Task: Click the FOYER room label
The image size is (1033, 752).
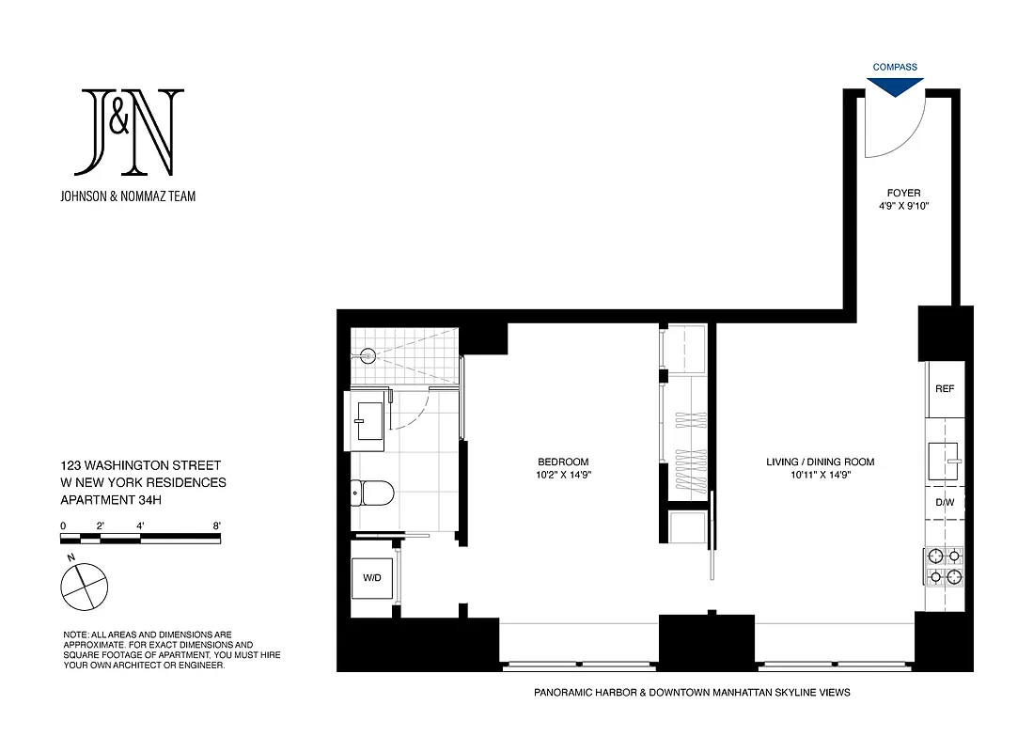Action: (x=903, y=193)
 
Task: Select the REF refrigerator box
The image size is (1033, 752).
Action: (x=944, y=389)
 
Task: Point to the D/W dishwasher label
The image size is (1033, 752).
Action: (x=944, y=502)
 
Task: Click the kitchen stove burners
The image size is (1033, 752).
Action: (x=944, y=566)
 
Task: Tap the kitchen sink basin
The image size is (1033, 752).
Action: (x=943, y=461)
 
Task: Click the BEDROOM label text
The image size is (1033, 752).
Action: (x=563, y=462)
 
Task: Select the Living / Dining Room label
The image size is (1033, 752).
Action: (x=821, y=462)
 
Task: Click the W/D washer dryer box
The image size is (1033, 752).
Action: (x=372, y=577)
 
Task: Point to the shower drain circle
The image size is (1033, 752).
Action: (x=368, y=355)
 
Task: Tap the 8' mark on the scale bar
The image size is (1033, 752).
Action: (x=217, y=525)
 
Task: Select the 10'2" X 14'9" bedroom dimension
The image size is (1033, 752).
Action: (x=563, y=475)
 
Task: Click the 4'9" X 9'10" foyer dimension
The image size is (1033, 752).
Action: (x=903, y=206)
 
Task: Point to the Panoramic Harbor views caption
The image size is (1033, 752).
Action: (x=692, y=693)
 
